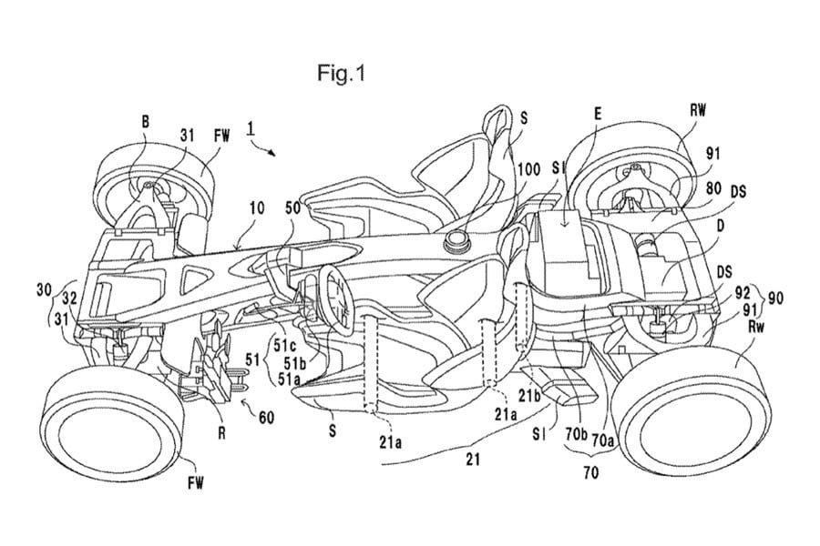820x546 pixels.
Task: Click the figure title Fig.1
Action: pyautogui.click(x=343, y=72)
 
